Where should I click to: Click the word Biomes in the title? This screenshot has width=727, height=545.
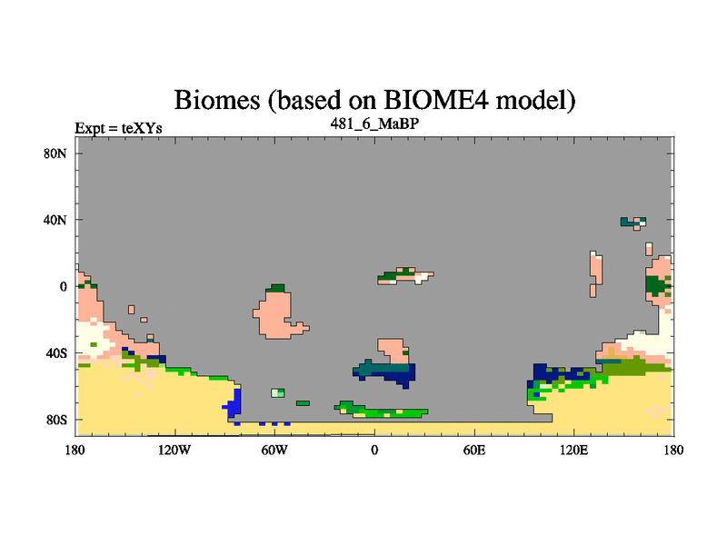point(217,100)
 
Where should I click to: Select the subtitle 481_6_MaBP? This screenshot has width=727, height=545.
point(374,124)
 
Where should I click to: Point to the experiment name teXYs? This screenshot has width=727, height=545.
point(142,128)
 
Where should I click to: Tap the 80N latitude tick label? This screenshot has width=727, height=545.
point(55,154)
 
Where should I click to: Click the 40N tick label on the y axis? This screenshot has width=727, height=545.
point(55,220)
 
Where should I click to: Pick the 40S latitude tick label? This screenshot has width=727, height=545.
point(56,353)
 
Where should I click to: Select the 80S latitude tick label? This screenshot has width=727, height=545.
point(56,420)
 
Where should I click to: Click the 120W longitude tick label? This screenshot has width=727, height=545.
point(174,450)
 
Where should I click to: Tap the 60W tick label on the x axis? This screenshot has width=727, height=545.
point(274,450)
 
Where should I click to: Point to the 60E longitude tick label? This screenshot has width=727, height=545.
point(474,450)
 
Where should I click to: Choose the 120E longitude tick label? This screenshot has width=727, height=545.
point(574,450)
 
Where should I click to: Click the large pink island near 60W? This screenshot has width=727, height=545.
point(276,315)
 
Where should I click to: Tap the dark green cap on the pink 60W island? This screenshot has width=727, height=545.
point(278,288)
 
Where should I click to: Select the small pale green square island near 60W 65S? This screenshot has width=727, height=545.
point(278,393)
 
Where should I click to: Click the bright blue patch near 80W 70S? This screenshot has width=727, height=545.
point(235,401)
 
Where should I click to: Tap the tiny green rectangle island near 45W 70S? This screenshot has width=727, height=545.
point(303,403)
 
